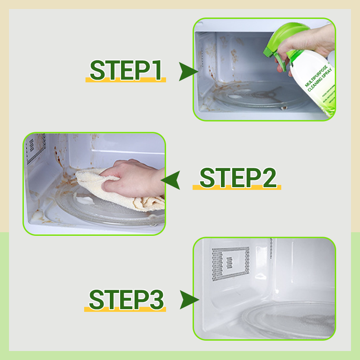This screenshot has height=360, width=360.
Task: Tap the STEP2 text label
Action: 237,177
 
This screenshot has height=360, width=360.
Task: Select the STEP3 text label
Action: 126,300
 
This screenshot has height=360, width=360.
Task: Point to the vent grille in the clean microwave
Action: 230,261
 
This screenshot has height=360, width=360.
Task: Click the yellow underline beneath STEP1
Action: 126,80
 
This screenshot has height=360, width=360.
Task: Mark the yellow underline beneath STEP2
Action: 237,187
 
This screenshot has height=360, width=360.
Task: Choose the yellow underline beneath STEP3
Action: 126,310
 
